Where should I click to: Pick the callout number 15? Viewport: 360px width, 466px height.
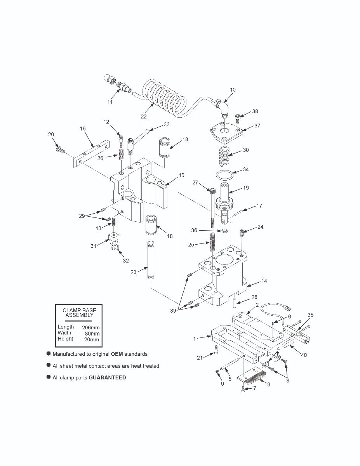[x=181, y=175]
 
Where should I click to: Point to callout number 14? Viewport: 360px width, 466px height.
[x=264, y=280]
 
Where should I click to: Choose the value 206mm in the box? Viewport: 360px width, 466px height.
[x=91, y=328]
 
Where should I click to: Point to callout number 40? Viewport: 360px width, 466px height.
[x=304, y=355]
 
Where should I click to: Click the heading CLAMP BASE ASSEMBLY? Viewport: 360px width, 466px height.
[x=79, y=313]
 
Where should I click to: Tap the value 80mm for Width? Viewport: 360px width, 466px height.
[x=92, y=334]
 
